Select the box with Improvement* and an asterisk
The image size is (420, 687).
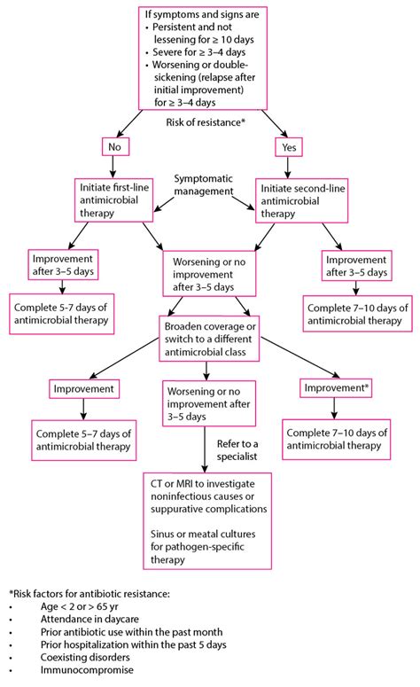[x=336, y=388]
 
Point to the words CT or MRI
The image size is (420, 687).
[x=175, y=485]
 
